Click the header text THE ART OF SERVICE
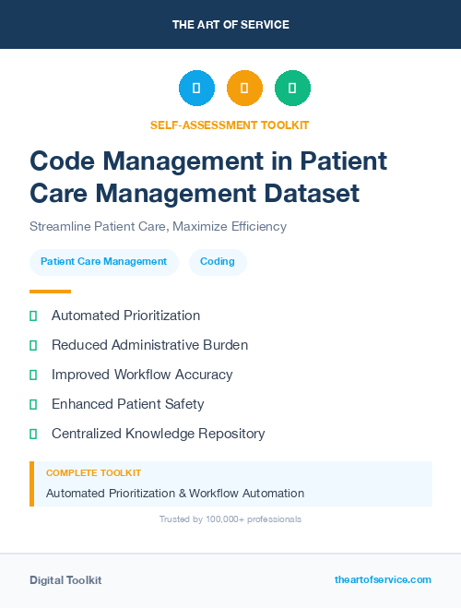coord(230,24)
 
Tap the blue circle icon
coord(196,89)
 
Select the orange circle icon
coord(244,89)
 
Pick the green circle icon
coord(292,89)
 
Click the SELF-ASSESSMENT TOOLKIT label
coord(230,125)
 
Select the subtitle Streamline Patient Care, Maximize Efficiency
coord(158,226)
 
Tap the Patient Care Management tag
coord(103,261)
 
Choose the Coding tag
coord(218,261)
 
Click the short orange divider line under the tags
coord(44,292)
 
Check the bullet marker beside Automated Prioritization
coord(33,316)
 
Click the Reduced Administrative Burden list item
coord(149,345)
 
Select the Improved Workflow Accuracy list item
coord(142,375)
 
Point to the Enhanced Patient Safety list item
coord(127,404)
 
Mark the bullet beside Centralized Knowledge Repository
coord(33,434)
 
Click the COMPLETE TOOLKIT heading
coord(93,472)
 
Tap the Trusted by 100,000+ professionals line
coord(230,519)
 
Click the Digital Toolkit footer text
coord(65,579)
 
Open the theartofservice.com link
coord(383,579)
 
